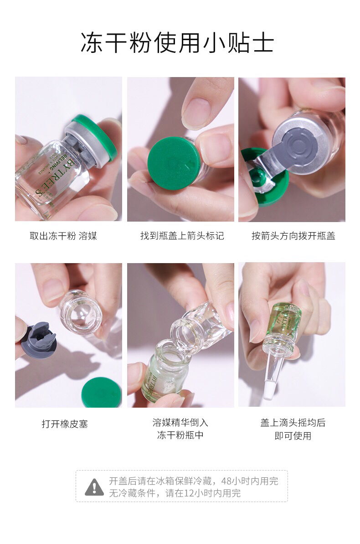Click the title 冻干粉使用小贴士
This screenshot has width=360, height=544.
click(x=177, y=43)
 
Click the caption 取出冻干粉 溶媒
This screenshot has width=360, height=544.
click(x=63, y=236)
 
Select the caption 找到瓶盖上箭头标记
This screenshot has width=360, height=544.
click(x=182, y=236)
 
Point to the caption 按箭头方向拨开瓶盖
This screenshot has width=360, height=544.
click(x=293, y=236)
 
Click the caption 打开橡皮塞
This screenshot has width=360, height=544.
click(x=65, y=424)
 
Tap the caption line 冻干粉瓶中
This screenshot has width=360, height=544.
click(x=180, y=435)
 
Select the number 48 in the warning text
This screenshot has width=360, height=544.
click(x=226, y=481)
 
